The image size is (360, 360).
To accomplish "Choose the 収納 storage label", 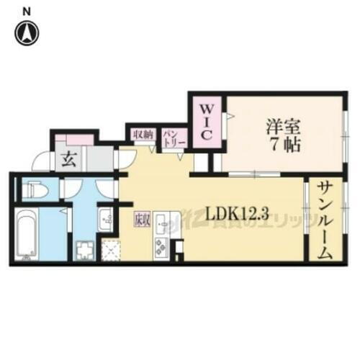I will pos(142,135).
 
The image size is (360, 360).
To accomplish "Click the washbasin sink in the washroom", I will pos(106,217).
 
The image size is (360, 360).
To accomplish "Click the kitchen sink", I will pos(161,221).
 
